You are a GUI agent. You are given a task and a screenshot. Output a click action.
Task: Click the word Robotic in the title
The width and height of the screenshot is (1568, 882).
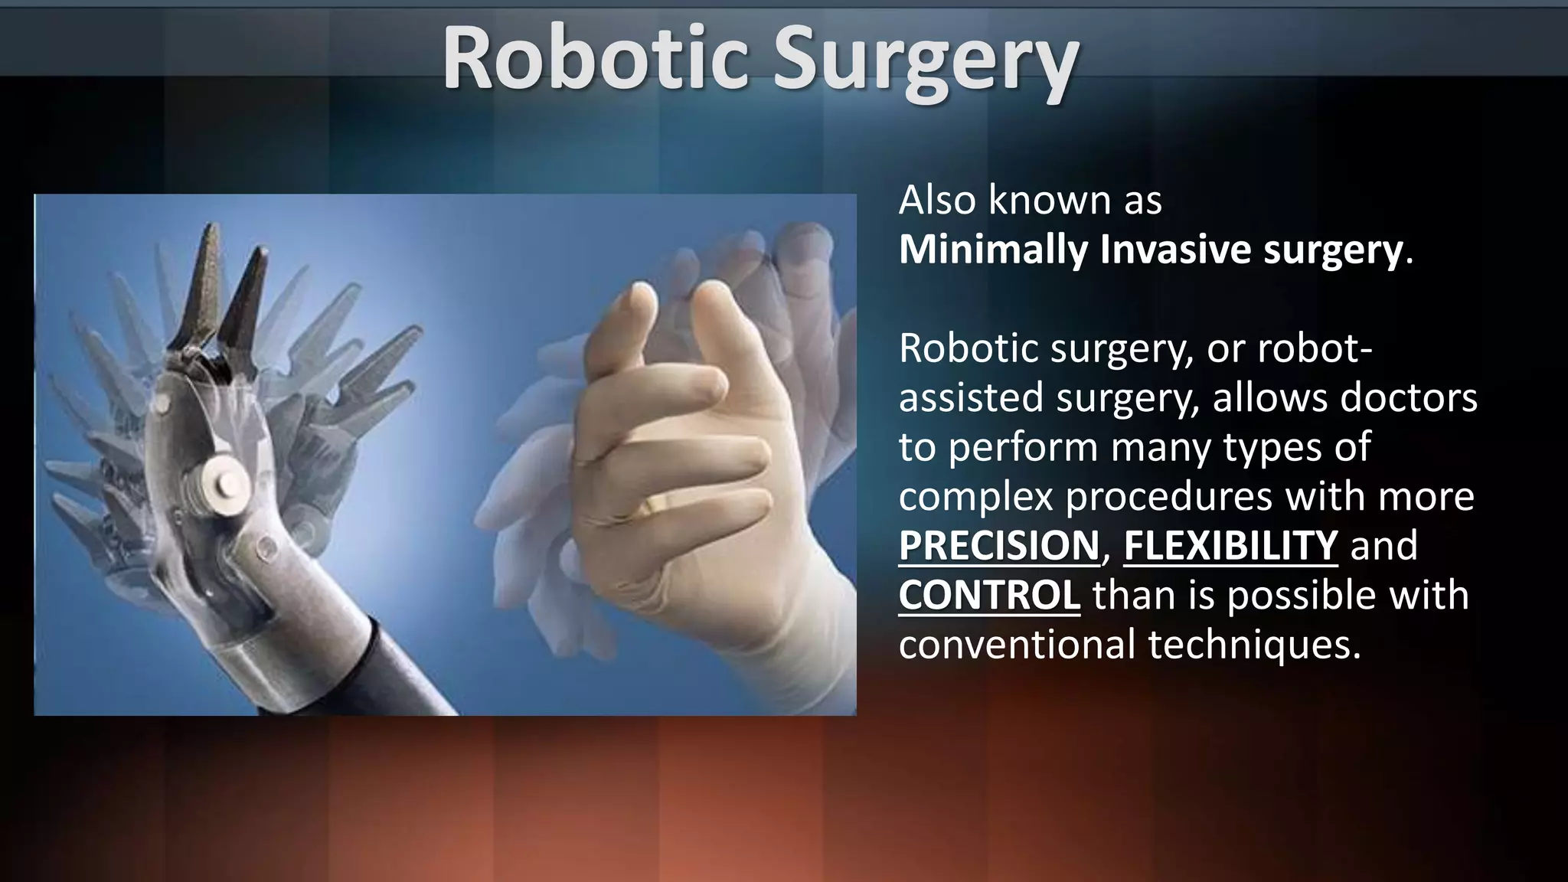pyautogui.click(x=594, y=60)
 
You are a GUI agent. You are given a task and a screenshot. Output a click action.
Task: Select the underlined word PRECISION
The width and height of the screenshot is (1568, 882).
pyautogui.click(x=998, y=545)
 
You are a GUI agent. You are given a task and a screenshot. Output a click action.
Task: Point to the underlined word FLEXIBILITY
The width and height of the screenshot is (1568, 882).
pyautogui.click(x=1230, y=545)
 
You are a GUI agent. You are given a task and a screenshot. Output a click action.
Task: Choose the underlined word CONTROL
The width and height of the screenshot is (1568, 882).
pyautogui.click(x=989, y=595)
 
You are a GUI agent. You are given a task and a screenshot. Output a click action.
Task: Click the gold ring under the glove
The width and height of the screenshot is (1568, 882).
pyautogui.click(x=660, y=505)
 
